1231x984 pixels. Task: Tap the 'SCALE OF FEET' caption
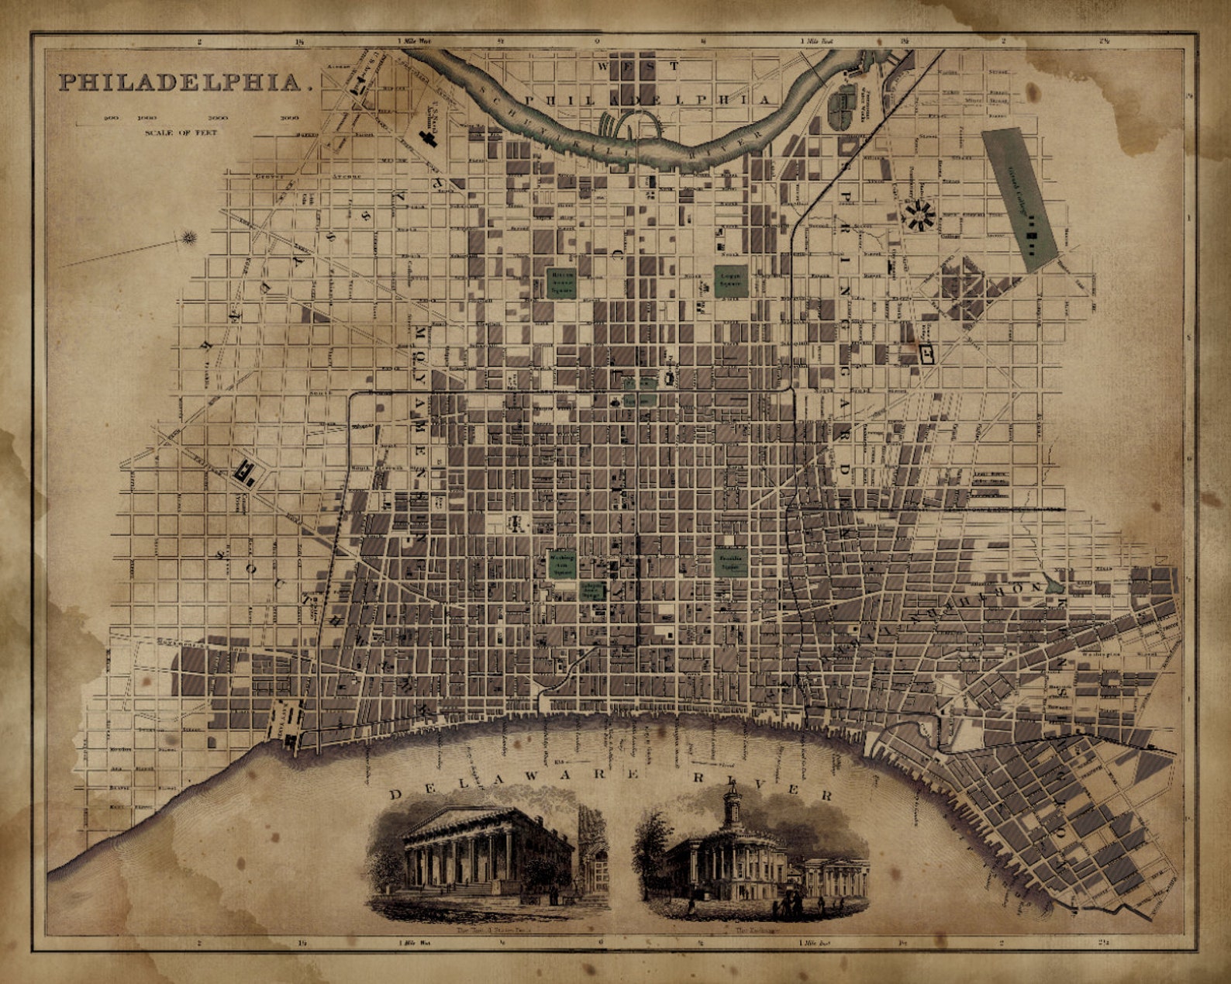point(181,133)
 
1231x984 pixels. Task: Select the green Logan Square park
point(729,281)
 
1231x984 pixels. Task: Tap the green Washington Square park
point(562,563)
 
